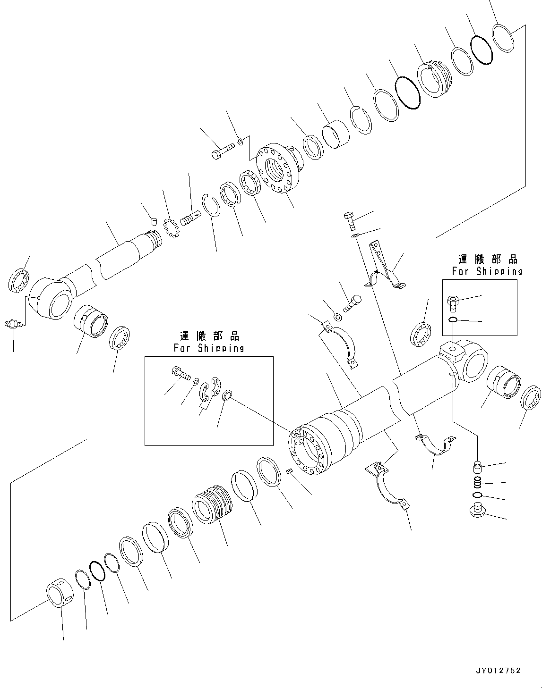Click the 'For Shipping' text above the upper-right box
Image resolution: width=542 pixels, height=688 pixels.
point(487,271)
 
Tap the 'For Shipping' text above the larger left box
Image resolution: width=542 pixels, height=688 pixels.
point(209,348)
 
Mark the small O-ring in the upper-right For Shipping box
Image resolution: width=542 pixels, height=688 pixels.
point(452,320)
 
